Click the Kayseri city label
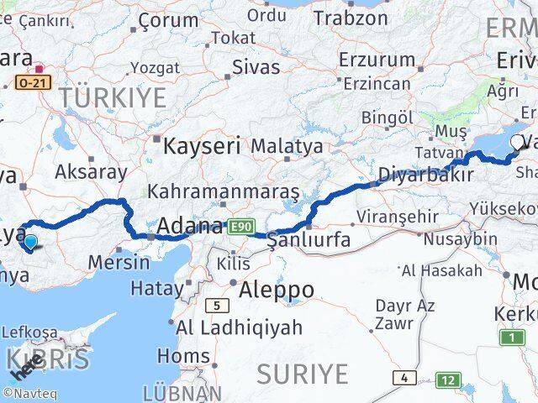point(201,145)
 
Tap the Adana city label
point(191,226)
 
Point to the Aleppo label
point(277,290)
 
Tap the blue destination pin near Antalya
point(30,243)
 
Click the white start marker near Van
point(516,144)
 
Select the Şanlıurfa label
point(307,241)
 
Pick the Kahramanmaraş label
point(223,191)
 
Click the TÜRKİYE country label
point(113,97)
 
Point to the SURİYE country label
point(302,372)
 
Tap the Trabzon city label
point(351,17)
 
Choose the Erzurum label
point(377,60)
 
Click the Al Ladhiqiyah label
point(238,327)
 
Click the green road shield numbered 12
point(450,380)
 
